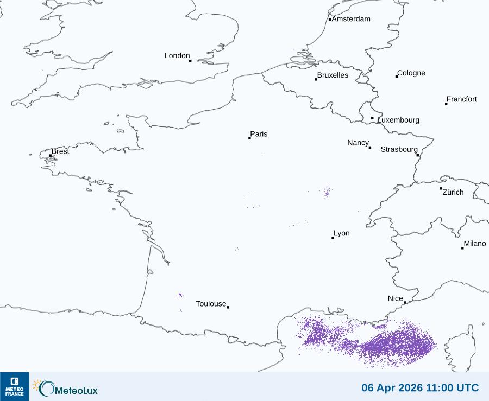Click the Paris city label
pyautogui.click(x=259, y=134)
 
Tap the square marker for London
pyautogui.click(x=190, y=61)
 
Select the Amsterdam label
pyautogui.click(x=351, y=19)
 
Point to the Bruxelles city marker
pyautogui.click(x=316, y=79)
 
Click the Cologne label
pyautogui.click(x=411, y=73)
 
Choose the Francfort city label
pyautogui.click(x=462, y=99)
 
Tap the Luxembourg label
pyautogui.click(x=398, y=120)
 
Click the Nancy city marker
pyautogui.click(x=370, y=147)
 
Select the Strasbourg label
pyautogui.click(x=399, y=149)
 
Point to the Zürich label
pyautogui.click(x=453, y=192)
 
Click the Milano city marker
pyautogui.click(x=462, y=248)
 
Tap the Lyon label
pyautogui.click(x=342, y=233)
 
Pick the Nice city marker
pyautogui.click(x=405, y=302)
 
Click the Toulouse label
pyautogui.click(x=211, y=304)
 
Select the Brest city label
pyautogui.click(x=60, y=151)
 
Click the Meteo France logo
pyautogui.click(x=14, y=386)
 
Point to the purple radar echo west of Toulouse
pyautogui.click(x=180, y=295)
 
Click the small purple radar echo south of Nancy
pyautogui.click(x=327, y=191)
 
